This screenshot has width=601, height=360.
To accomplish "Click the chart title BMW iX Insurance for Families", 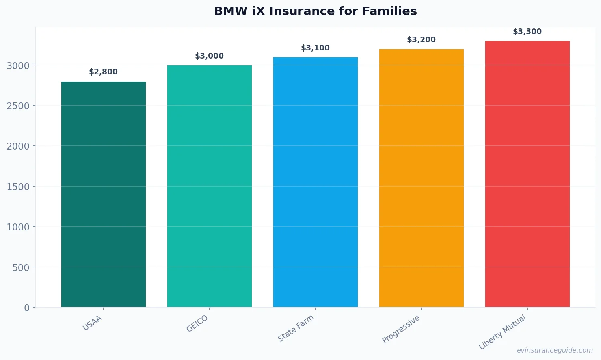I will point(315,11).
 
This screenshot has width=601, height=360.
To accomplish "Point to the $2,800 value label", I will point(104,72).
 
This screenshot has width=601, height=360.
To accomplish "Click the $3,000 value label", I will point(210,56).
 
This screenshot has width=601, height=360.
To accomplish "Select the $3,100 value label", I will point(316,48).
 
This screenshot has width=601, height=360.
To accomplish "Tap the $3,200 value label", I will point(422,40).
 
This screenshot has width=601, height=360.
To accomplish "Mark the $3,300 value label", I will point(527,32).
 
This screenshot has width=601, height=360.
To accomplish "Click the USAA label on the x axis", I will point(93,323).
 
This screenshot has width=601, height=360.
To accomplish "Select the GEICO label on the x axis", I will point(197,324).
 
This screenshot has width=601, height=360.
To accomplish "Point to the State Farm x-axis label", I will point(296,328).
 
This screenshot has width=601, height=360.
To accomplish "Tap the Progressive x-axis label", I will point(401,329).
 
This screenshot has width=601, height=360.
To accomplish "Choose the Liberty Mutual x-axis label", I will point(503,332).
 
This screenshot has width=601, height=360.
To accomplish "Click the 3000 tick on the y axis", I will point(18,65).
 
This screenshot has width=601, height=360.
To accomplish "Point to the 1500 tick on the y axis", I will point(18,187).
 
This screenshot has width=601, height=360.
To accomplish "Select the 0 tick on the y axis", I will point(27,308).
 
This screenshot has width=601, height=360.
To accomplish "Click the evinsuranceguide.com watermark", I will point(555,350).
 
